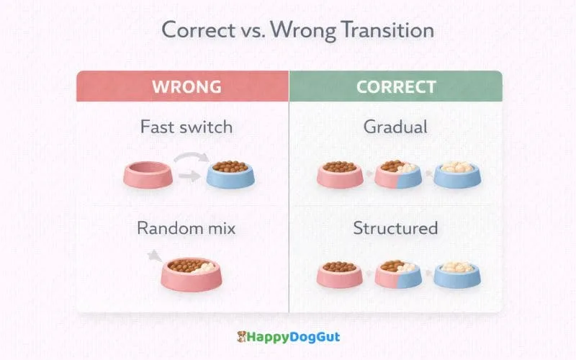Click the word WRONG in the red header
tap(186, 87)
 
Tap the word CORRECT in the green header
tap(396, 87)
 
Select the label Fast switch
tap(186, 127)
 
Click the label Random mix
tap(186, 229)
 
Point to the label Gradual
tap(395, 127)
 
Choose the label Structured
tap(395, 229)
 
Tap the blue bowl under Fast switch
tap(230, 174)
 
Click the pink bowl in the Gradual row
tap(339, 174)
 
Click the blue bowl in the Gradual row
tap(457, 174)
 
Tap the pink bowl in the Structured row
tap(339, 274)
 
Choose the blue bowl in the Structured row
tap(457, 274)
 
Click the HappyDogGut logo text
tap(294, 336)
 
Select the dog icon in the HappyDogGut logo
tap(243, 336)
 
